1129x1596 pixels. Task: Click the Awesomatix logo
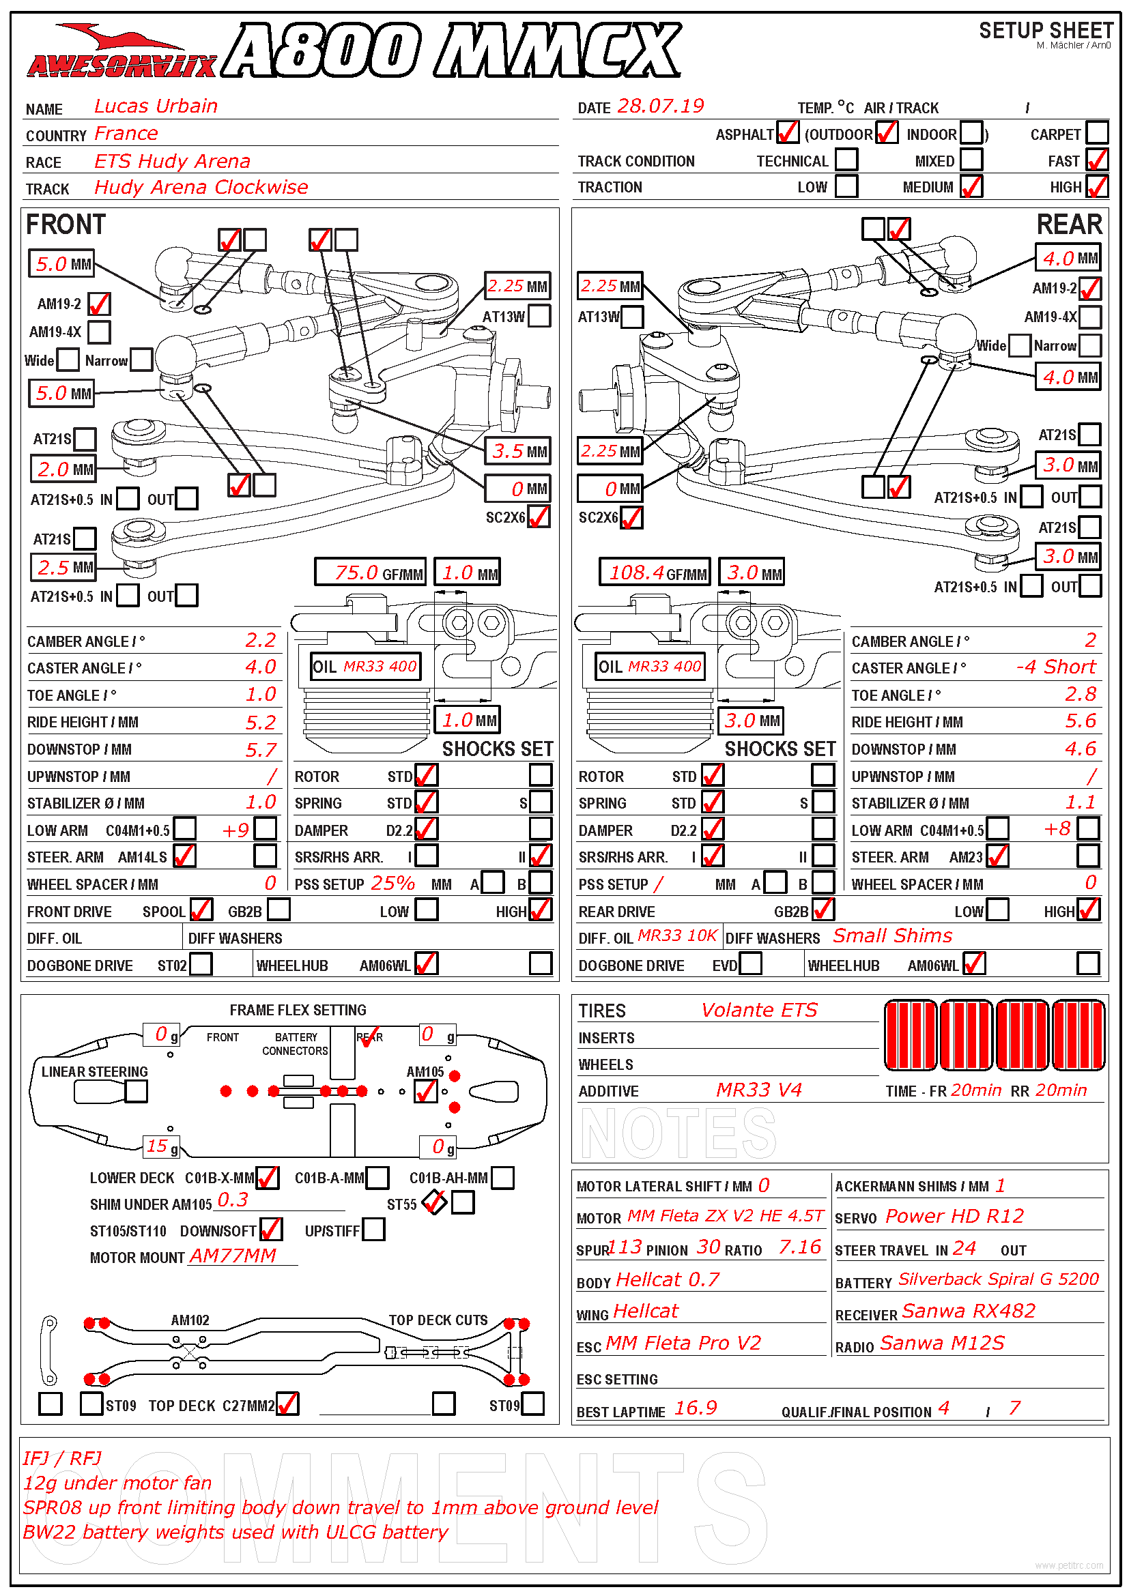pyautogui.click(x=121, y=53)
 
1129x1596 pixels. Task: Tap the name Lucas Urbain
pyautogui.click(x=156, y=106)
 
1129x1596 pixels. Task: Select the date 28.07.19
pyautogui.click(x=660, y=106)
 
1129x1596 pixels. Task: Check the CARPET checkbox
pyautogui.click(x=1096, y=133)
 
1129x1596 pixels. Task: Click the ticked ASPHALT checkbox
pyautogui.click(x=787, y=133)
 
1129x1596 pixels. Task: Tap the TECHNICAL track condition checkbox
pyautogui.click(x=845, y=160)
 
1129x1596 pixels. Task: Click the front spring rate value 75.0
pyautogui.click(x=356, y=572)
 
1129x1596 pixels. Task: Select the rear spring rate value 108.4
pyautogui.click(x=636, y=572)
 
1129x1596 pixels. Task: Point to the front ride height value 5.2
pyautogui.click(x=261, y=723)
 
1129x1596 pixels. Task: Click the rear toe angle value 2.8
pyautogui.click(x=1081, y=695)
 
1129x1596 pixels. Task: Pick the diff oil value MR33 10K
pyautogui.click(x=676, y=936)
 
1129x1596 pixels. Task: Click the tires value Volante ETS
pyautogui.click(x=758, y=1010)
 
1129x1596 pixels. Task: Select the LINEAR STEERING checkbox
pyautogui.click(x=137, y=1091)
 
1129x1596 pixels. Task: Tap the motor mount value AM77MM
pyautogui.click(x=233, y=1256)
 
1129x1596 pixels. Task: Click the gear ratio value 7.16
pyautogui.click(x=799, y=1247)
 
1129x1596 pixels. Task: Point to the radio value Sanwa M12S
pyautogui.click(x=942, y=1343)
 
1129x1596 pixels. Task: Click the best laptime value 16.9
pyautogui.click(x=695, y=1408)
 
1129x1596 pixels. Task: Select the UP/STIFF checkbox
pyautogui.click(x=373, y=1230)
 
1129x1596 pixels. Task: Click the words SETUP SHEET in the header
pyautogui.click(x=1046, y=31)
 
